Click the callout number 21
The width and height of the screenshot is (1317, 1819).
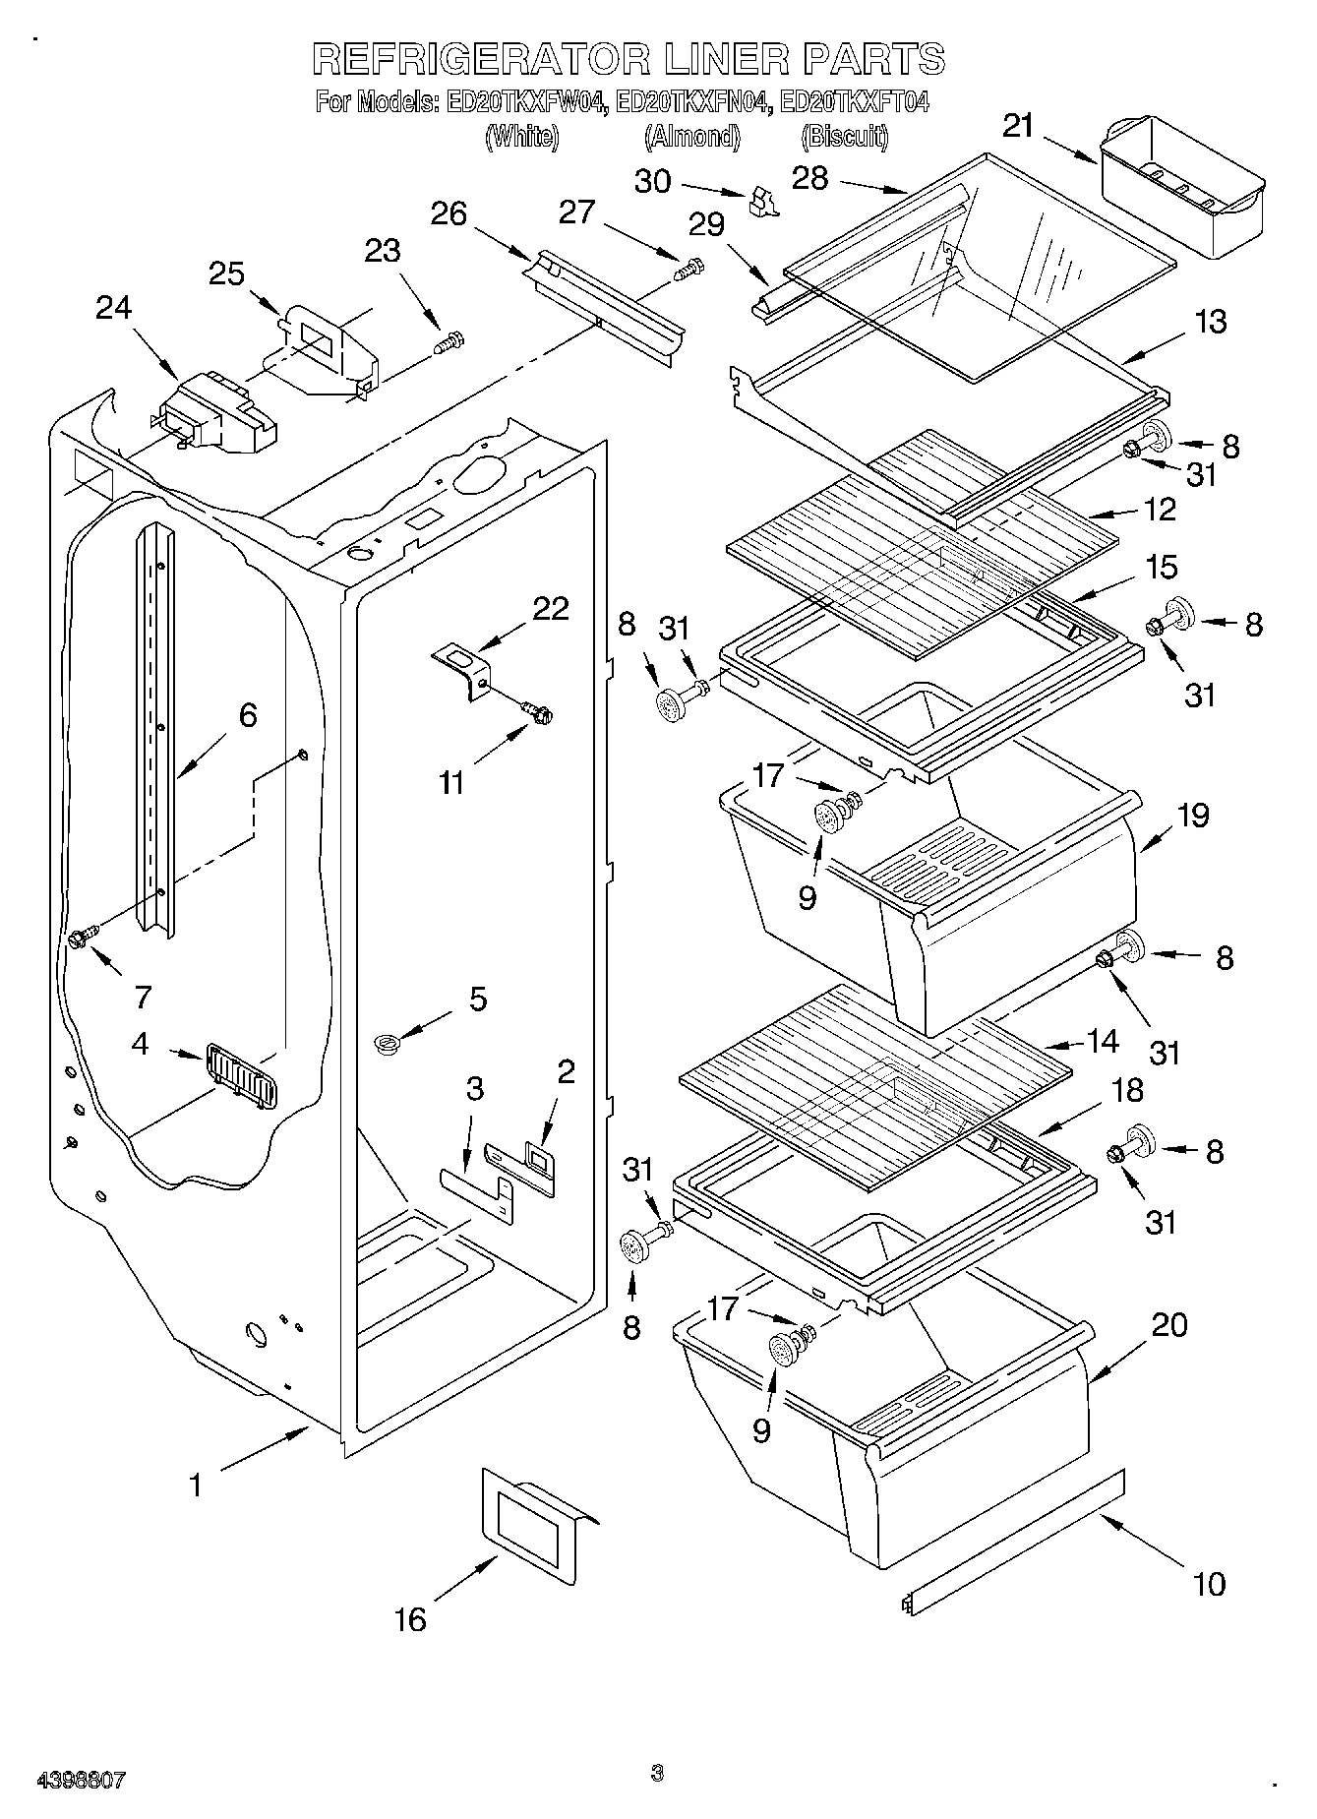tap(1019, 126)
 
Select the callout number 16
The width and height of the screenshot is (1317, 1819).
tap(410, 1618)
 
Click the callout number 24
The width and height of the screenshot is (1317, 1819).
tap(113, 309)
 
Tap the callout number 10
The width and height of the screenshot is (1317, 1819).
tap(1209, 1584)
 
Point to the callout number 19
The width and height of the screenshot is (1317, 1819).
tap(1194, 816)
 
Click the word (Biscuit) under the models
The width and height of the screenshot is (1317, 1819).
tap(846, 137)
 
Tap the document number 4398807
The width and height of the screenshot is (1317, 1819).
tap(81, 1780)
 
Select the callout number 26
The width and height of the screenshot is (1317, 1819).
tap(449, 213)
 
